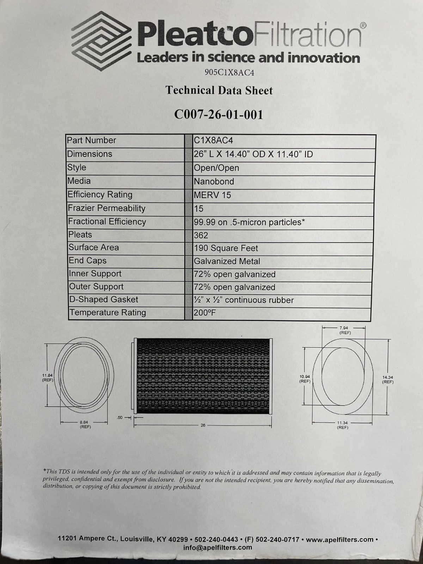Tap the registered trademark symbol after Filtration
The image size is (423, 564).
tap(363, 26)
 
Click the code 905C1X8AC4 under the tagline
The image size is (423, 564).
tap(229, 73)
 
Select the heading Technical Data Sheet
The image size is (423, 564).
tap(219, 91)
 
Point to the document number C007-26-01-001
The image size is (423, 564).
tap(219, 115)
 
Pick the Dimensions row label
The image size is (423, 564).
tap(90, 154)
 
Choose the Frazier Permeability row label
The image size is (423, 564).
tap(106, 208)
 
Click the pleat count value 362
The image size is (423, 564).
tap(201, 235)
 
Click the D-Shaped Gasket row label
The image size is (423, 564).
tap(104, 300)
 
